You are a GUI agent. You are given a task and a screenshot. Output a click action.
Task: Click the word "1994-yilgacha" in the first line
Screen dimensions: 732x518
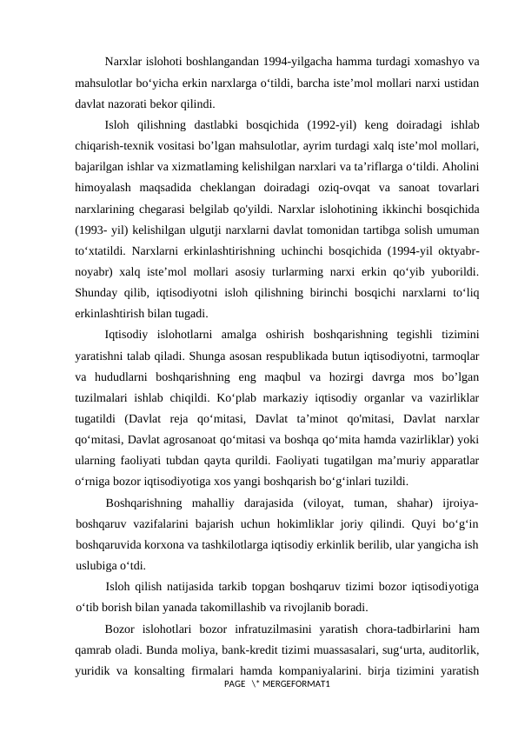[288, 63]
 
